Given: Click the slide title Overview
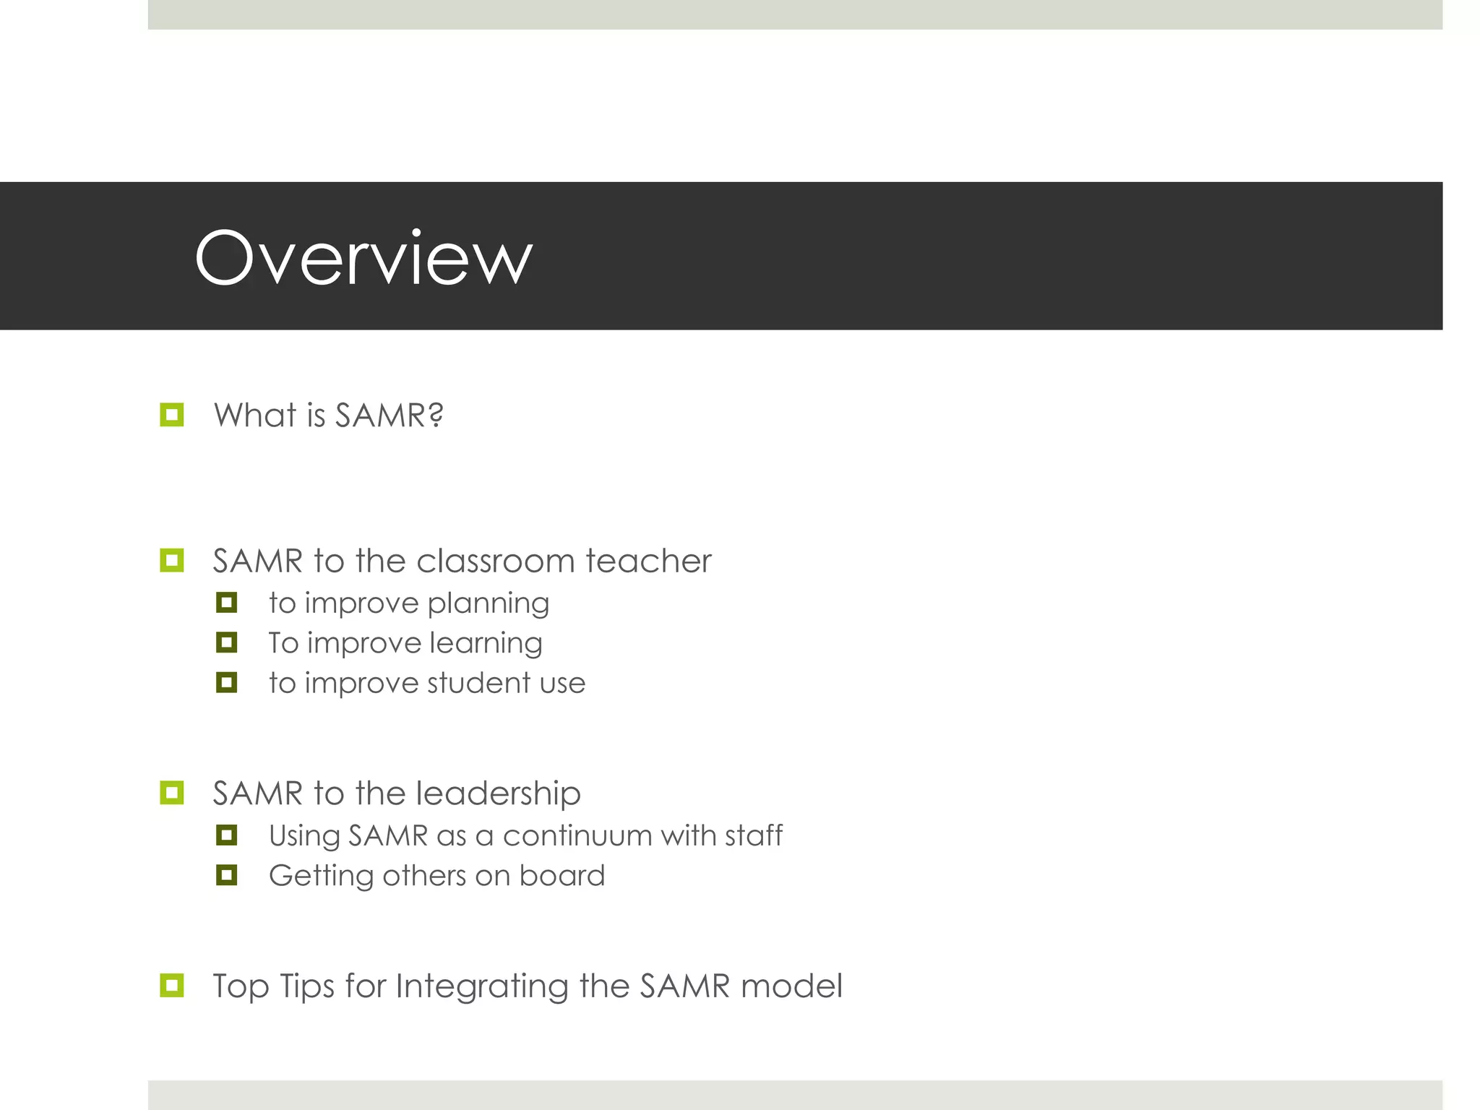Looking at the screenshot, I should (x=363, y=258).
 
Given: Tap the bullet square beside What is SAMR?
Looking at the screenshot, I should (x=172, y=415).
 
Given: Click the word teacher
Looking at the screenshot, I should (x=648, y=561).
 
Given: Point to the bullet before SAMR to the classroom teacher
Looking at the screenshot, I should (x=172, y=560).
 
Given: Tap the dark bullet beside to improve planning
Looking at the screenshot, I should (x=226, y=603).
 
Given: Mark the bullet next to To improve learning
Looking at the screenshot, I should (x=226, y=642).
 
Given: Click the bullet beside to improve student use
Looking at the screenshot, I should (x=226, y=682).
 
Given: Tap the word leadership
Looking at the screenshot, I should (x=498, y=793).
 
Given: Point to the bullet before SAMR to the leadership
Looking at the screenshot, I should (x=172, y=793).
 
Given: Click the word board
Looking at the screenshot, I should (x=562, y=875).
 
